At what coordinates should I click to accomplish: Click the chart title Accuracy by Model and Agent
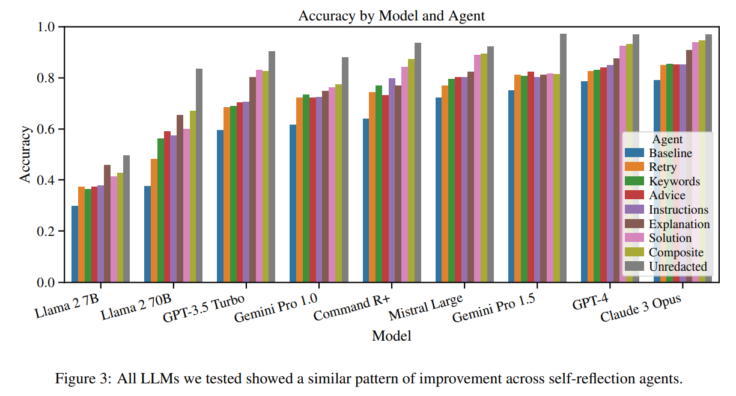tap(391, 16)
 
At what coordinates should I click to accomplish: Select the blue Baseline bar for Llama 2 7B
tap(75, 244)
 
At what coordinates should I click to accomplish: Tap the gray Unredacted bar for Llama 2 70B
tap(199, 175)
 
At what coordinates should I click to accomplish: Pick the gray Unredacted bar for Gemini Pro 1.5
tap(563, 158)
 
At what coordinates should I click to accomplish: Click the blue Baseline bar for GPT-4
tap(584, 181)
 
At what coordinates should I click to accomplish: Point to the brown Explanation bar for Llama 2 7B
tap(107, 223)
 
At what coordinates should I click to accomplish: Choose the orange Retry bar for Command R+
tap(372, 187)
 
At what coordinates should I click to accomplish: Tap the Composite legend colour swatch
tap(635, 252)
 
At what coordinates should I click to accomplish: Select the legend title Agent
tap(667, 140)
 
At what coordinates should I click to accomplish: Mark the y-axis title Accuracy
tap(25, 154)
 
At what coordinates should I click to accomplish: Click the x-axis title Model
tap(391, 336)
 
